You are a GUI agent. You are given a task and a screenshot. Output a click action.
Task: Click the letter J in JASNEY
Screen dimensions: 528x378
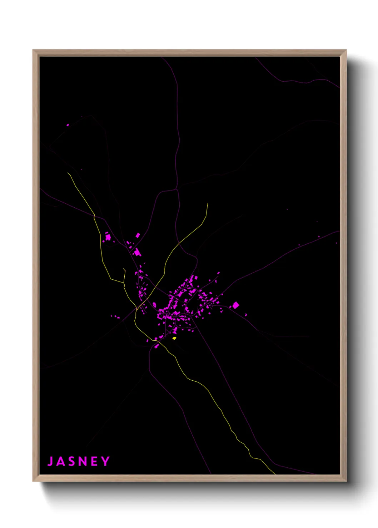[50, 461]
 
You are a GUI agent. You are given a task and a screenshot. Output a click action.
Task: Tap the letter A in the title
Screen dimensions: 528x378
[61, 461]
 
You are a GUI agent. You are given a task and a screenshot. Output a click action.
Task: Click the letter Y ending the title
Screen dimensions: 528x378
[105, 461]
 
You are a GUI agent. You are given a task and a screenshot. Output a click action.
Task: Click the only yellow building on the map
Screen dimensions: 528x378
[174, 338]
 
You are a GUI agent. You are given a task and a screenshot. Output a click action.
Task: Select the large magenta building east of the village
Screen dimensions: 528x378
[235, 305]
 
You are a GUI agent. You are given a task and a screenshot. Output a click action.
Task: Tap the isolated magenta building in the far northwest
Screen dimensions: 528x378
[68, 125]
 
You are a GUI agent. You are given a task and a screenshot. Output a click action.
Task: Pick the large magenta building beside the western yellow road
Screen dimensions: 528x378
[108, 237]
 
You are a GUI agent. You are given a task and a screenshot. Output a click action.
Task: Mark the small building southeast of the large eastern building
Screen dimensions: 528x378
[246, 315]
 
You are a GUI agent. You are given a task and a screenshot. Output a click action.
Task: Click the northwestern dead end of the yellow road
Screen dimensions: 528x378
[68, 173]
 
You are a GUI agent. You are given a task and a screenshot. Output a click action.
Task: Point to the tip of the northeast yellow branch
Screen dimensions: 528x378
[208, 203]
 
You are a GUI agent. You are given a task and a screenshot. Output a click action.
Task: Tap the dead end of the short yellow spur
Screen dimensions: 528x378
[124, 269]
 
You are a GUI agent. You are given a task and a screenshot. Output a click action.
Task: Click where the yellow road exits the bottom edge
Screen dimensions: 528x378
[275, 474]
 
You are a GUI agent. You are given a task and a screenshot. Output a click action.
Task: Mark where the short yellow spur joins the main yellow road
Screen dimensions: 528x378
[124, 283]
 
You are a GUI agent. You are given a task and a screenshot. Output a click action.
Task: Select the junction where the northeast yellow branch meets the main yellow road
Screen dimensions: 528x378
[137, 309]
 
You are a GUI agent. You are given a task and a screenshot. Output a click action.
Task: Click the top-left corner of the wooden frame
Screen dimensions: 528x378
[33, 50]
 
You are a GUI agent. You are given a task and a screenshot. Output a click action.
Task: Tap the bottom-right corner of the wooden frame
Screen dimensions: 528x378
[346, 481]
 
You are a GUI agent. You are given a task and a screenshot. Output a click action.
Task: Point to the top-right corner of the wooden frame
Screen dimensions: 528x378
[346, 50]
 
